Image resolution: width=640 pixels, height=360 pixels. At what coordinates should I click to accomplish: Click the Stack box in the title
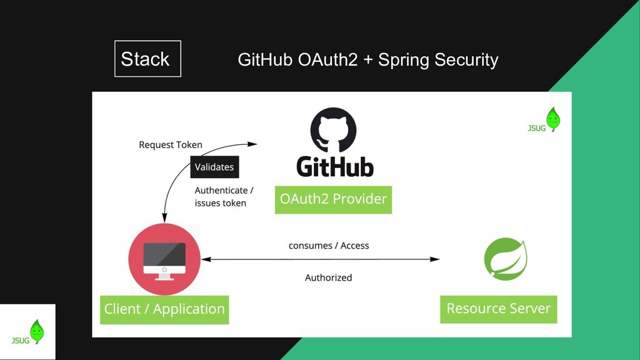[147, 59]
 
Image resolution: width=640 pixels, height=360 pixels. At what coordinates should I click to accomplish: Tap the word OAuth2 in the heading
[327, 59]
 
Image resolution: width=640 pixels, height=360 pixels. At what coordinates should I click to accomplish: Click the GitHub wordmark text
[335, 166]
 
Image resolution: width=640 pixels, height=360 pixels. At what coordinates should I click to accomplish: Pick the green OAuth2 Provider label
[333, 199]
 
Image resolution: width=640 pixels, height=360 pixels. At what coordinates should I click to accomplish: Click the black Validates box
[214, 167]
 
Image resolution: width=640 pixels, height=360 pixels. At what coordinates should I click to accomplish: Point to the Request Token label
[171, 145]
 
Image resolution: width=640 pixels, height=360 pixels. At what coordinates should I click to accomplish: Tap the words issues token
[221, 203]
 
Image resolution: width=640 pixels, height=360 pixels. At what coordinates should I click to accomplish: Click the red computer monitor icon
[164, 259]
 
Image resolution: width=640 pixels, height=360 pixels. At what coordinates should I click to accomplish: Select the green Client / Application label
[164, 309]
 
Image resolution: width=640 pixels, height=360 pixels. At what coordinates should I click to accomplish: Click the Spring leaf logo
[506, 259]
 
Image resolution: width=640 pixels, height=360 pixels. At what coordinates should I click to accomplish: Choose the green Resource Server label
[498, 309]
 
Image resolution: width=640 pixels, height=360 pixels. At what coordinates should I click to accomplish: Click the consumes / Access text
[329, 246]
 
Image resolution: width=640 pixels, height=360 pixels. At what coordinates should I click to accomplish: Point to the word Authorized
[329, 277]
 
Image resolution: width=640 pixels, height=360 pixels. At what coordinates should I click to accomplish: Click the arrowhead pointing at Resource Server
[435, 259]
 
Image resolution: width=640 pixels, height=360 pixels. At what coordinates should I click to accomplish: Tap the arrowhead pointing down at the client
[164, 218]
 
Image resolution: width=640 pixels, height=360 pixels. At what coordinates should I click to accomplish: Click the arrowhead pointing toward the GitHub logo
[252, 144]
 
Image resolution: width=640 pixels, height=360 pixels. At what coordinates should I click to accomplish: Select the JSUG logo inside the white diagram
[544, 120]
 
